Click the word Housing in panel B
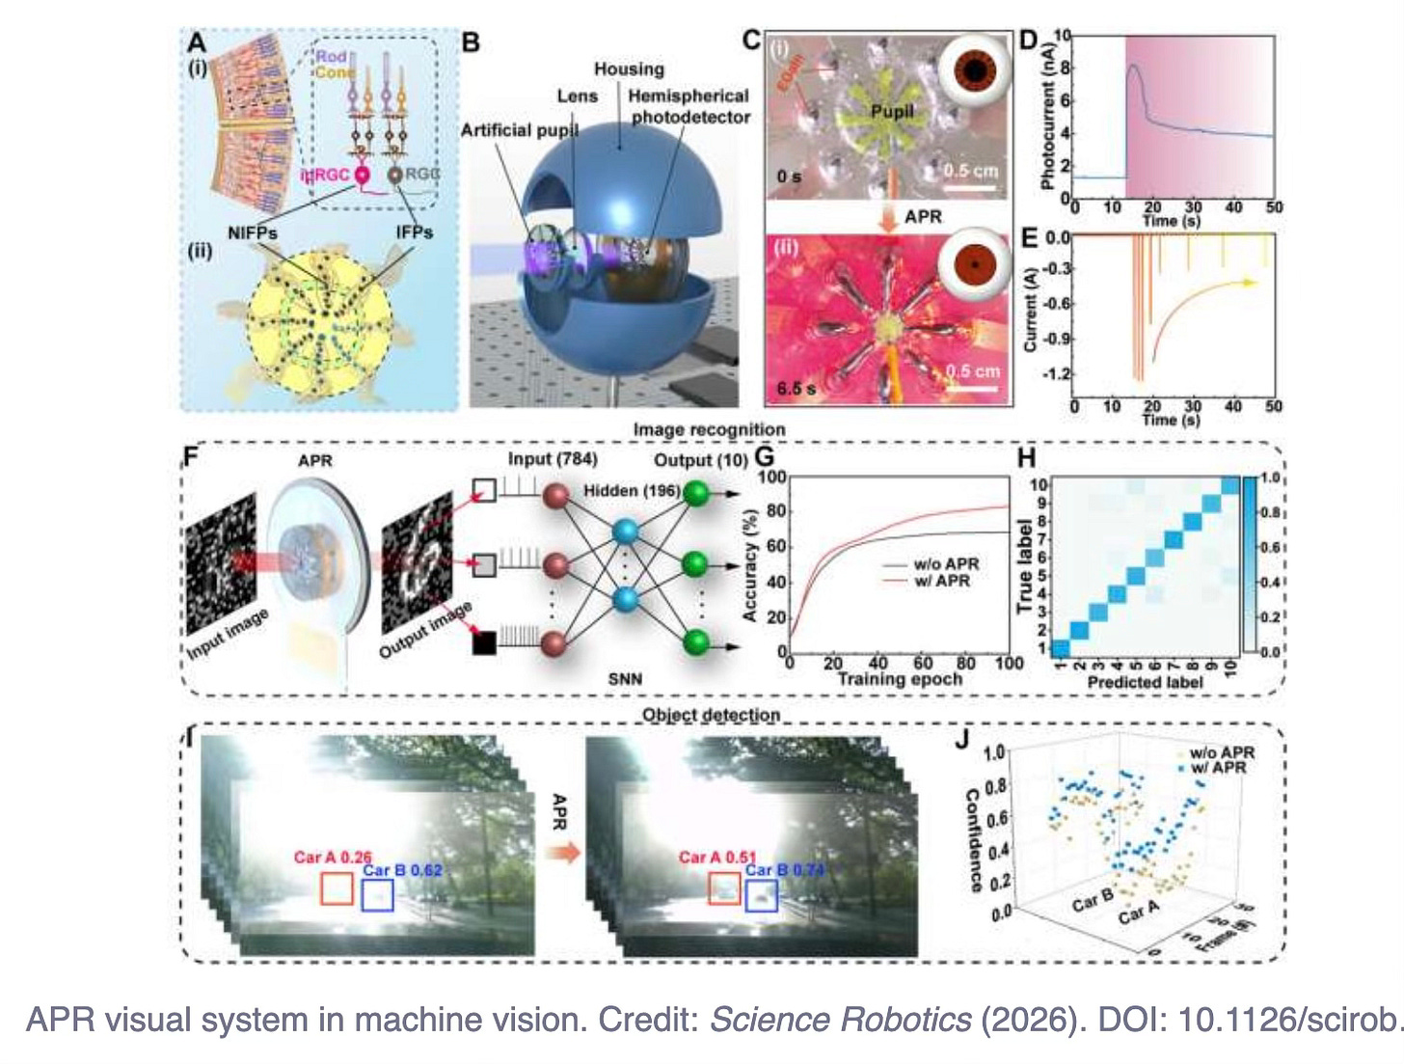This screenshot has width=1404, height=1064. coord(629,69)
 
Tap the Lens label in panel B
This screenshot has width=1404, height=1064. coord(577,96)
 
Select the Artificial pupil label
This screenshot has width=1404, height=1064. coord(519,130)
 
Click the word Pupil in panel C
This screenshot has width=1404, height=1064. coord(891,112)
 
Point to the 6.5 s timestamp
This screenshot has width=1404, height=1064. coord(796,388)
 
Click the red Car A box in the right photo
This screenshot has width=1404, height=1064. coord(724,889)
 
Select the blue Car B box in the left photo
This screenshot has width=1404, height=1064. coord(377,894)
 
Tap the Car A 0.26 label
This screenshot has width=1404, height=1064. coord(333,858)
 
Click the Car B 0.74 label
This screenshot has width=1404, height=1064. coord(784,870)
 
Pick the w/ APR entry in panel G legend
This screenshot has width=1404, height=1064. coord(941,581)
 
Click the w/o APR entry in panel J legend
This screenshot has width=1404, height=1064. coord(1222,752)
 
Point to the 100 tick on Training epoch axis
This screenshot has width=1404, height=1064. coord(1009,663)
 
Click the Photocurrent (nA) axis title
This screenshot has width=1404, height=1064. coord(1047,118)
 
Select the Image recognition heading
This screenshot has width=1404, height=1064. coord(709,429)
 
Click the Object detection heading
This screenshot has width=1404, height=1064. coord(711,715)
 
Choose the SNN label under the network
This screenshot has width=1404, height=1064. coord(625,679)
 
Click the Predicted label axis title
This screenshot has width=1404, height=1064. coord(1145,682)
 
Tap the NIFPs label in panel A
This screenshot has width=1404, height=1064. coord(253,232)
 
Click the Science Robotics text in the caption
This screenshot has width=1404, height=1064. coord(840,1020)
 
